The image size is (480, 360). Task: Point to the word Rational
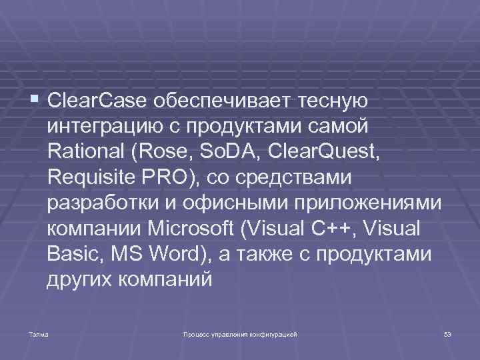[87, 152]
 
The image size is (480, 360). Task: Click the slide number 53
[447, 333]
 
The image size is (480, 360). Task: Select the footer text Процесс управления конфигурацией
[240, 333]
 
